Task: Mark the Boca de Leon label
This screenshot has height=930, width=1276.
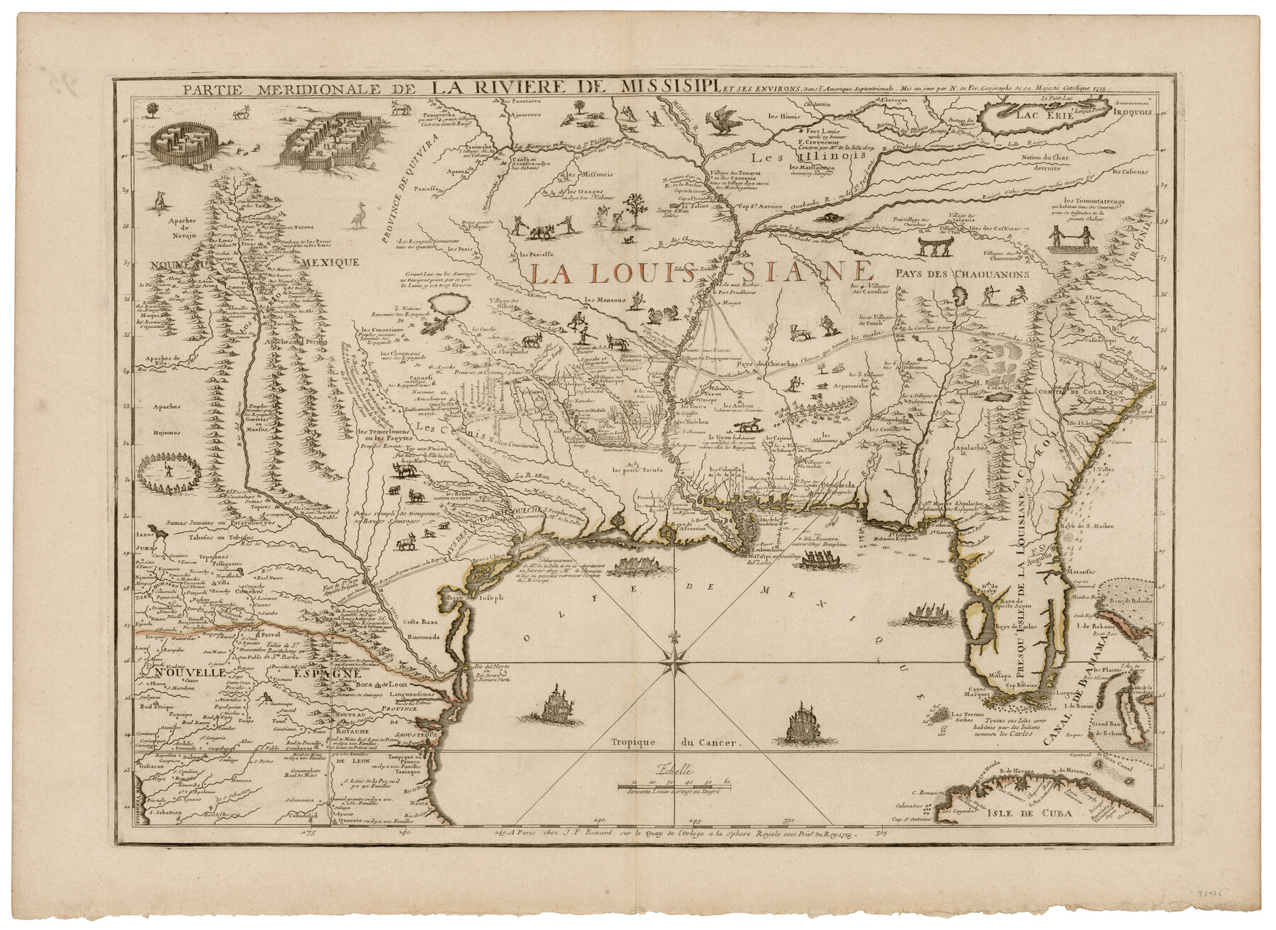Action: (x=380, y=683)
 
